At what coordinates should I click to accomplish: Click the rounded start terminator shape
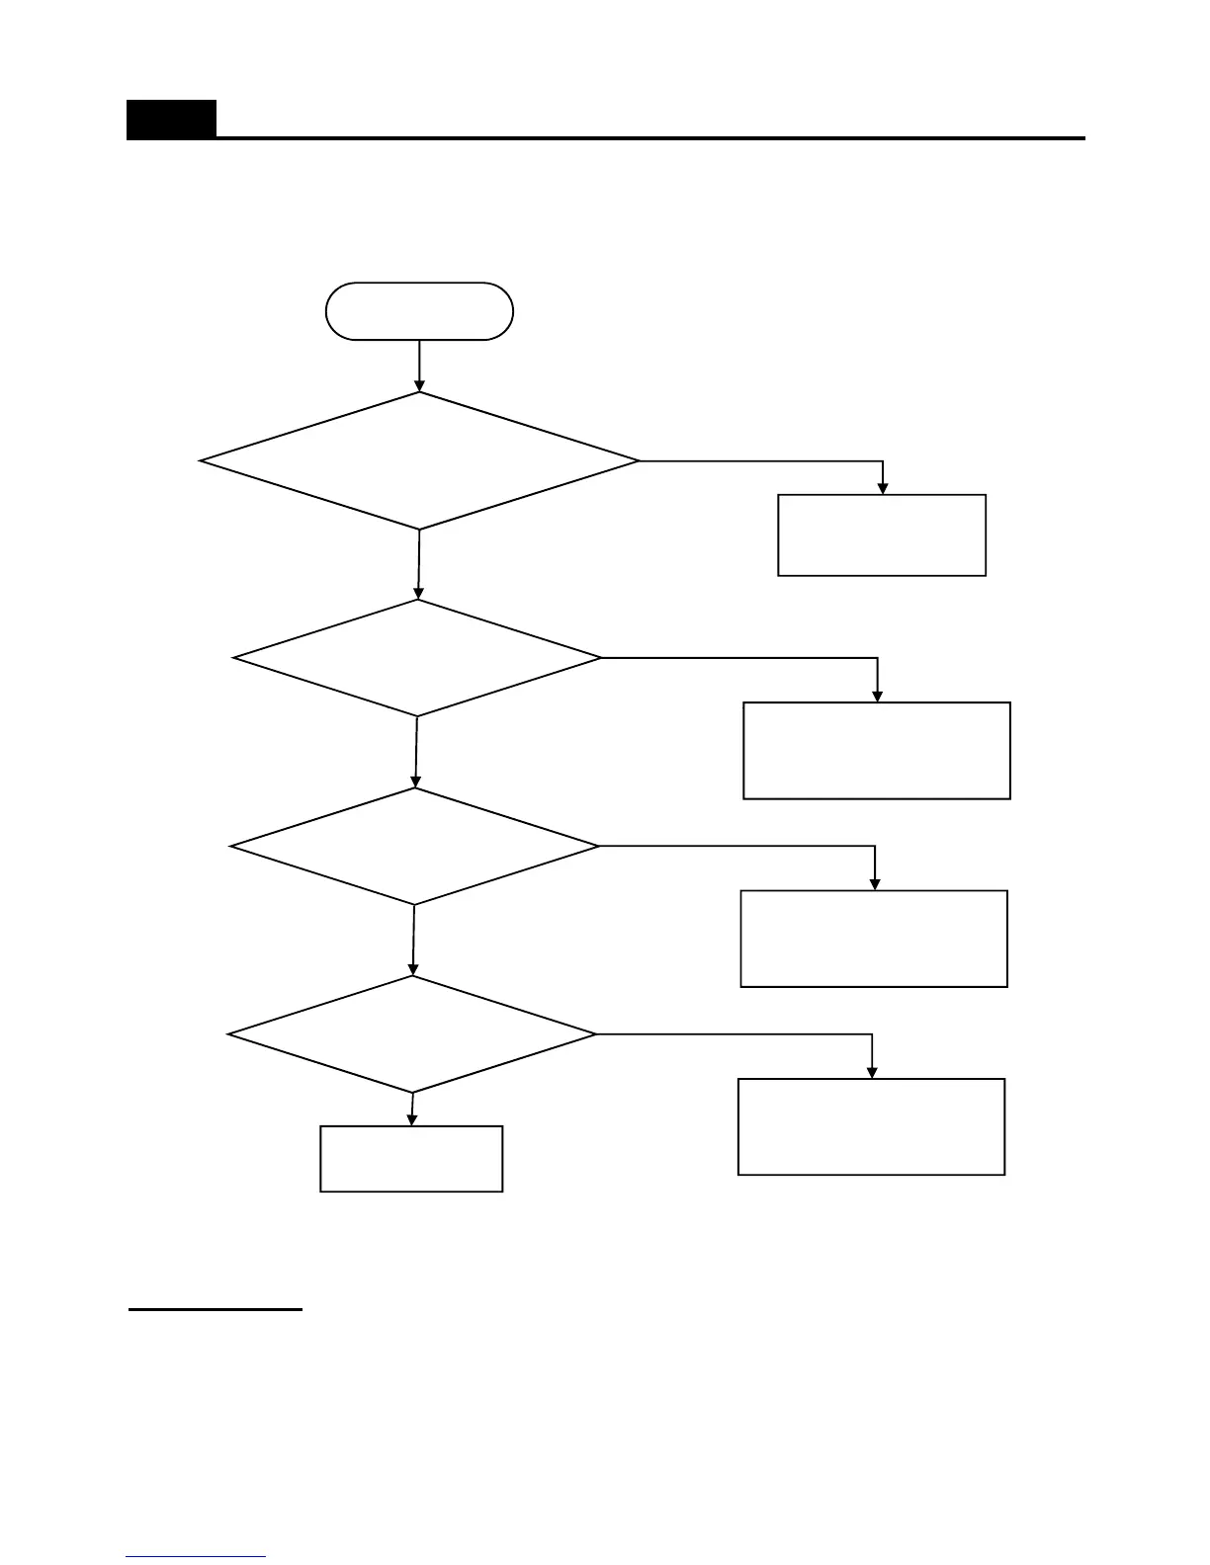tap(419, 311)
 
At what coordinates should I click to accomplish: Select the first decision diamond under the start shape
tap(419, 460)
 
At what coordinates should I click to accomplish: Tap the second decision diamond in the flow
tap(417, 658)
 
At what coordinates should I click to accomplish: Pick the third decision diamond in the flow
tap(415, 846)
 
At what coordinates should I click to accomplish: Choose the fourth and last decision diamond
tap(412, 1034)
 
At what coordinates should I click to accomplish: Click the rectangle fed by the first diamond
tap(882, 535)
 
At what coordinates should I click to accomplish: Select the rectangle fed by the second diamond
tap(876, 750)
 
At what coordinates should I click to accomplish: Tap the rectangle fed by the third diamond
tap(874, 939)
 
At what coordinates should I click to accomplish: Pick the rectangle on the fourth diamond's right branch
tap(871, 1126)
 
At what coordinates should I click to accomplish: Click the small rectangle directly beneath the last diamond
tap(411, 1158)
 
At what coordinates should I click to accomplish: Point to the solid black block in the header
tap(171, 120)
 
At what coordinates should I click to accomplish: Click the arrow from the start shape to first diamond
tap(419, 365)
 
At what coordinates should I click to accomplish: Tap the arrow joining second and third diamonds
tap(416, 751)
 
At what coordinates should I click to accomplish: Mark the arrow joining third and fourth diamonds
tap(413, 940)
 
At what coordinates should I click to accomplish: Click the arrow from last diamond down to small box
tap(412, 1109)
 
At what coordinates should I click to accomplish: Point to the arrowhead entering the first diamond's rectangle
tap(883, 488)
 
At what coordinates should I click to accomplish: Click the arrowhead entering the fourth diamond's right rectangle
tap(872, 1072)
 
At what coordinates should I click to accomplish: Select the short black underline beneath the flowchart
tap(215, 1310)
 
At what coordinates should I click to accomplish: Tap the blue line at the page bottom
tap(196, 1557)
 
